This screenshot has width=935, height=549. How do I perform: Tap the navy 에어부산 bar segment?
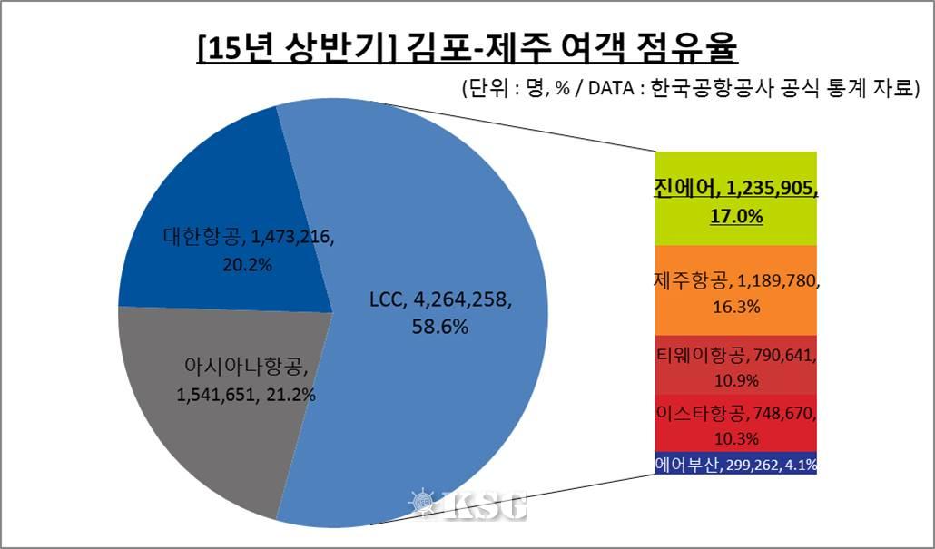736,464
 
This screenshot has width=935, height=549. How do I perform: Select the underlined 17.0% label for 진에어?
736,218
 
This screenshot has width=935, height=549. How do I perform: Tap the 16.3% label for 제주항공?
736,308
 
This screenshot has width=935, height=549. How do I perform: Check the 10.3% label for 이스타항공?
736,437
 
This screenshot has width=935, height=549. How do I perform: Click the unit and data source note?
691,89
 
